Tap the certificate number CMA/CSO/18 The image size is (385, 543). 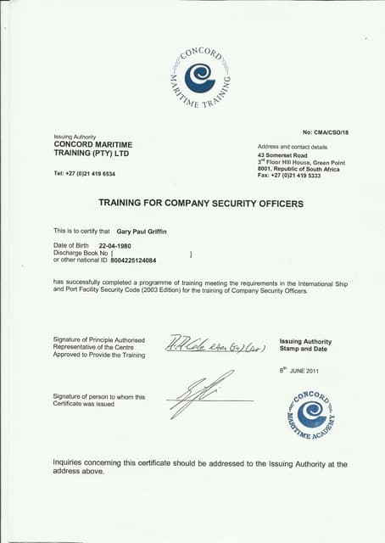tap(325, 132)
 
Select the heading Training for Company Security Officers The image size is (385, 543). tap(201, 203)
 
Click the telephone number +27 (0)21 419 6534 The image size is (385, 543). tap(84, 173)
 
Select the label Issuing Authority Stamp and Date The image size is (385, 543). tap(305, 345)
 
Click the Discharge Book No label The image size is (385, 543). tap(81, 253)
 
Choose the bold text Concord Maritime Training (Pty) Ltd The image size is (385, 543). tap(92, 148)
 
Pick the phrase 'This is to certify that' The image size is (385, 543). tap(81, 231)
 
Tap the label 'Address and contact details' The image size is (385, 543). tap(292, 147)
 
